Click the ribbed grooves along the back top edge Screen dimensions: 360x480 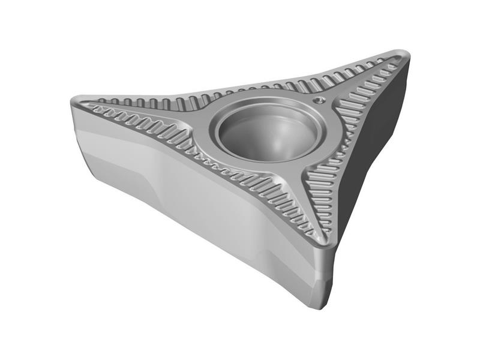click(240, 90)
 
